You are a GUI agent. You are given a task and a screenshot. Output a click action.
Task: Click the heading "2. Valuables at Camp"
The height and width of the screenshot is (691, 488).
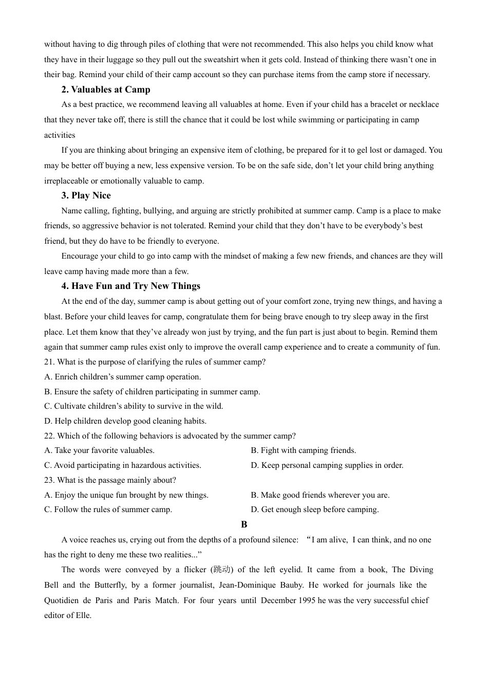coord(106,89)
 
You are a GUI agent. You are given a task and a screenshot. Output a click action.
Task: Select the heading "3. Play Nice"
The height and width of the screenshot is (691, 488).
coord(86,195)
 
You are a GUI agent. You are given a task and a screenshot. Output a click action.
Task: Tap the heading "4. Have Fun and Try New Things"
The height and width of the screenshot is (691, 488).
coord(130,286)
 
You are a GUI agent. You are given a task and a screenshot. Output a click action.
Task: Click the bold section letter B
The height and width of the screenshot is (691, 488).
coord(244,524)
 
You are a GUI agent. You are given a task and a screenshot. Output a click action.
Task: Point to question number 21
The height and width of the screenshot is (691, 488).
coord(49,362)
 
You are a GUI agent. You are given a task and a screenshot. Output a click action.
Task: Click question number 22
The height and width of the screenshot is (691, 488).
coord(49,436)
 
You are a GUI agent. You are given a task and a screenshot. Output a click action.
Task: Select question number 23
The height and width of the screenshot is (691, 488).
coord(49,480)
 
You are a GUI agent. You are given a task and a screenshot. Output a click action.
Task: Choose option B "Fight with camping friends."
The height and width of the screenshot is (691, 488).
coord(303,450)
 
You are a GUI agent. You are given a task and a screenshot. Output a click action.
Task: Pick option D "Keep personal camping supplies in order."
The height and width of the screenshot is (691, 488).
coord(327,465)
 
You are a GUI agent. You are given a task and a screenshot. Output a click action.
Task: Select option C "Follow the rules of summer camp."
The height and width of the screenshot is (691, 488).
coord(108,510)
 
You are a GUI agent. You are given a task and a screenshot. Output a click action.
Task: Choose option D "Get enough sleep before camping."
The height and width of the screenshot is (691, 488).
coord(314,510)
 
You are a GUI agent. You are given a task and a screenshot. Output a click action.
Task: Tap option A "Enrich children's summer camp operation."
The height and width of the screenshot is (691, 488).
coord(122,377)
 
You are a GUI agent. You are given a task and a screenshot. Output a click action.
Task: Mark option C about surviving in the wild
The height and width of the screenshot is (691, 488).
coord(134,406)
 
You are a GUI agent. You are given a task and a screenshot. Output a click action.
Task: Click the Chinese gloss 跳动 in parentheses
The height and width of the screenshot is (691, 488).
coord(221,570)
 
